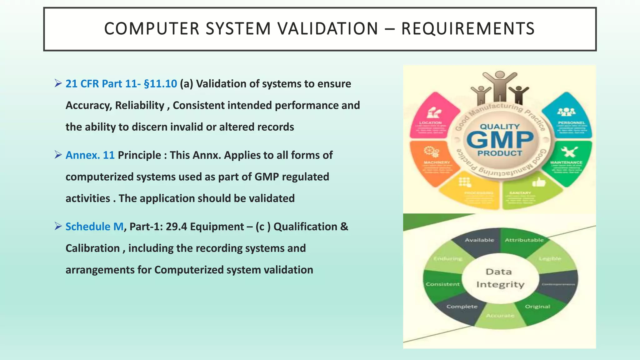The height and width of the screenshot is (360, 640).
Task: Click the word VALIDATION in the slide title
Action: coord(328,29)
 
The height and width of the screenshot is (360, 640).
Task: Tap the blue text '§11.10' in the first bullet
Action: coord(160,84)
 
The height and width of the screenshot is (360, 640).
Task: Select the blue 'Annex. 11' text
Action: coord(90,155)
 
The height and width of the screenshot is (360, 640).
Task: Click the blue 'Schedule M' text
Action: coord(94,227)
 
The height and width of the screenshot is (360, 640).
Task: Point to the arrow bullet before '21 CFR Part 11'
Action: coord(58,83)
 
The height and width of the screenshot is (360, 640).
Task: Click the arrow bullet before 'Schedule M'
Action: coord(58,226)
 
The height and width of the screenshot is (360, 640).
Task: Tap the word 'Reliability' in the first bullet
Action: coord(139,105)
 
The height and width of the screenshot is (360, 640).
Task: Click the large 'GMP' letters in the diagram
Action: coord(500,140)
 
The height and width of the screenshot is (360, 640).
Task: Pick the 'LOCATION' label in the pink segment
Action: coord(430,123)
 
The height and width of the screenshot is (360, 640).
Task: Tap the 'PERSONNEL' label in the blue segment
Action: coord(571,123)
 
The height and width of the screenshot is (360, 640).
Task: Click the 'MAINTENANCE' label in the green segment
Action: coord(566,162)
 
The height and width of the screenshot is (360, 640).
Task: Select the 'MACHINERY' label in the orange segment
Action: coord(437,162)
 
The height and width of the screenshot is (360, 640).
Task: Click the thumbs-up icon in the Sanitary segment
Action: coord(538,182)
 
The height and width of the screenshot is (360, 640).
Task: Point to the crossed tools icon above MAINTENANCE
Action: coord(569,152)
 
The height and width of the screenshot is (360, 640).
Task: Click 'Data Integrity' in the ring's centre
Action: coord(500,278)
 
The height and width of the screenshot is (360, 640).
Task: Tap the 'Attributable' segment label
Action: coord(524,240)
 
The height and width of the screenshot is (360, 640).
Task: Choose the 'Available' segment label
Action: coord(479,240)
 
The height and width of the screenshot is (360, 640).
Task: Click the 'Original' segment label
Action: coord(537,307)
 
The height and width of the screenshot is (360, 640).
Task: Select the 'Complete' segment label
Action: coord(462,307)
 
